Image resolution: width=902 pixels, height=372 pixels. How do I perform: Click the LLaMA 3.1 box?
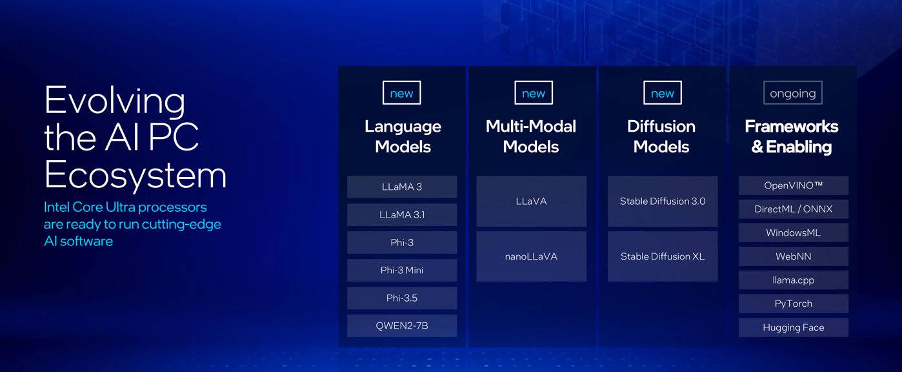(402, 215)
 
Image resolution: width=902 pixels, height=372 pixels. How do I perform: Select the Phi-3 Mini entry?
(402, 270)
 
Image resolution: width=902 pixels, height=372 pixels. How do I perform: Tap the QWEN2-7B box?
(402, 325)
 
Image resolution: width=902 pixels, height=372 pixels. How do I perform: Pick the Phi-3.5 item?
(402, 298)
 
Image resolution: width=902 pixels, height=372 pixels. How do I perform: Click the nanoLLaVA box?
(531, 256)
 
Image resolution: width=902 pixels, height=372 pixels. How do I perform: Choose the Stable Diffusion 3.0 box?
(663, 201)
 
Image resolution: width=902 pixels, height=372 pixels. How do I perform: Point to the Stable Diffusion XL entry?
(663, 256)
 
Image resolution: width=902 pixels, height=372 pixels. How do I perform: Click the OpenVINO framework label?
(793, 185)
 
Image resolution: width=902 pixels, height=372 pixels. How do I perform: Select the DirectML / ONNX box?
(793, 209)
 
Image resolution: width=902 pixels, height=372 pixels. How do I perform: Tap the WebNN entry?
(793, 256)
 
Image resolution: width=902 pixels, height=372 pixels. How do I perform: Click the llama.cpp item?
(793, 280)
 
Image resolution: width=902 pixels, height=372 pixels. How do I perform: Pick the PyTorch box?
(793, 304)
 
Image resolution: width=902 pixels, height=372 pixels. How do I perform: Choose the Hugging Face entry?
(793, 327)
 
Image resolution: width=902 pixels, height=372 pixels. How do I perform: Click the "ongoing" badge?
(793, 93)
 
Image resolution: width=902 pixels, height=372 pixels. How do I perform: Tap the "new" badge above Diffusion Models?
(663, 93)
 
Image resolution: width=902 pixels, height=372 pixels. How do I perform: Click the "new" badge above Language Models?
(401, 93)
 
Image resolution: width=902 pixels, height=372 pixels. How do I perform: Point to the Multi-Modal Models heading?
(531, 137)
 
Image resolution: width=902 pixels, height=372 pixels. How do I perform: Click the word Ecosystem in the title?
(135, 174)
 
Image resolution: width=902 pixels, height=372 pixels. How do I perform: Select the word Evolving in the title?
(115, 101)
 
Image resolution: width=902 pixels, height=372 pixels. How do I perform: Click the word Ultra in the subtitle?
(120, 207)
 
